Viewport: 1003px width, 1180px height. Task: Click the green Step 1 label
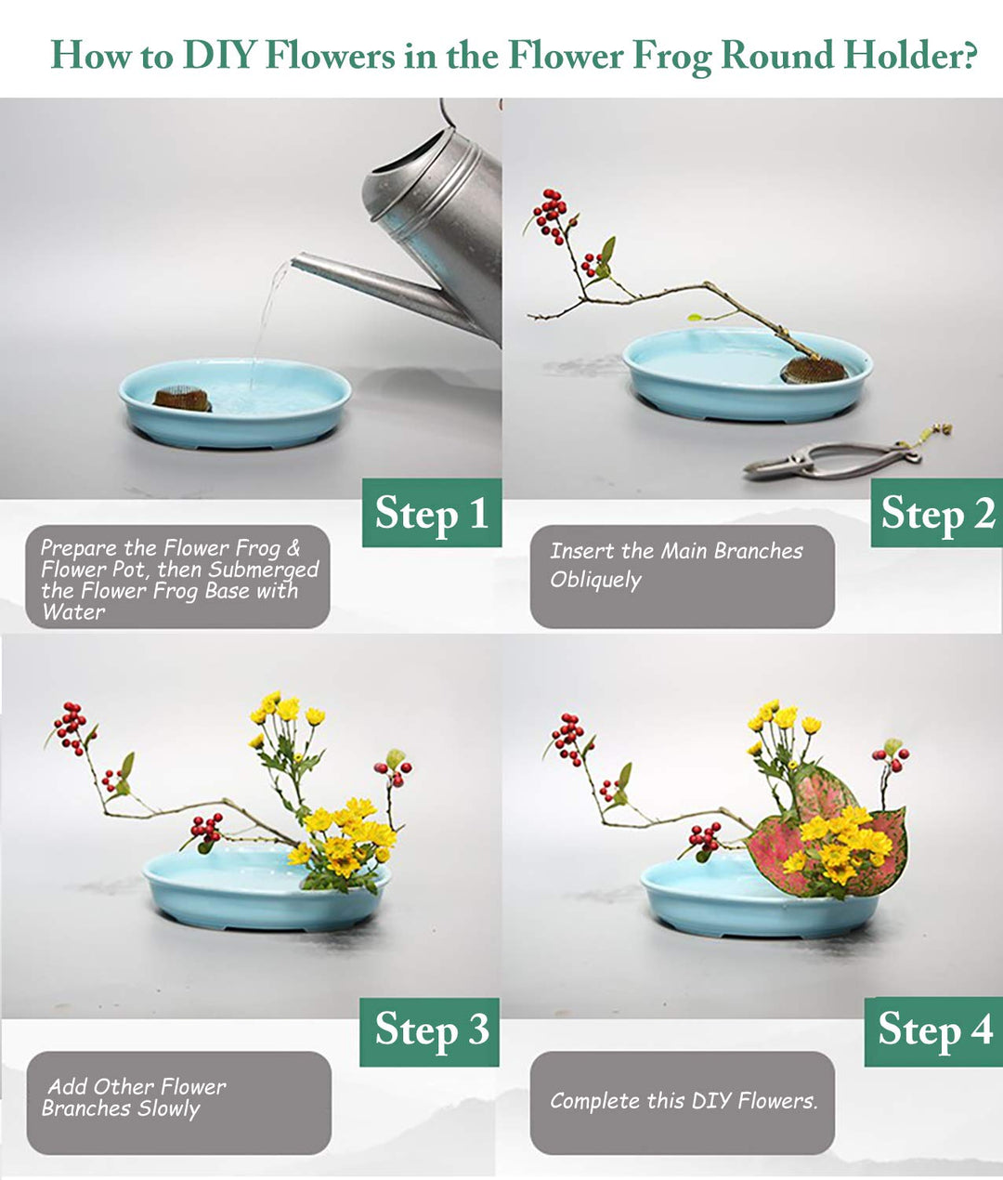pos(432,513)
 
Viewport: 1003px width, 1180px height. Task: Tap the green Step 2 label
pos(936,513)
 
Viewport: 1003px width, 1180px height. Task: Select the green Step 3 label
pos(430,1030)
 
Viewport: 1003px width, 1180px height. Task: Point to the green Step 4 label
pos(933,1030)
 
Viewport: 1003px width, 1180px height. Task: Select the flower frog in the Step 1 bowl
pos(182,400)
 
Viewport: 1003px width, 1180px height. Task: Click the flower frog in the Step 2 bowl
pos(814,370)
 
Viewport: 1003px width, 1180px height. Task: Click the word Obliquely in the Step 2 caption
pos(595,580)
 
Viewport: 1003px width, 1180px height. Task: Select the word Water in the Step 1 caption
pos(73,612)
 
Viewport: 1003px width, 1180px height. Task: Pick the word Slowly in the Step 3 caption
pos(168,1108)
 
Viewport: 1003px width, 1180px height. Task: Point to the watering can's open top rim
pos(409,158)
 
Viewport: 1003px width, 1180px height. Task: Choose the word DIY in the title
pos(219,56)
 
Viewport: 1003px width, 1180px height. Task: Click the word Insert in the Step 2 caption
pos(582,551)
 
